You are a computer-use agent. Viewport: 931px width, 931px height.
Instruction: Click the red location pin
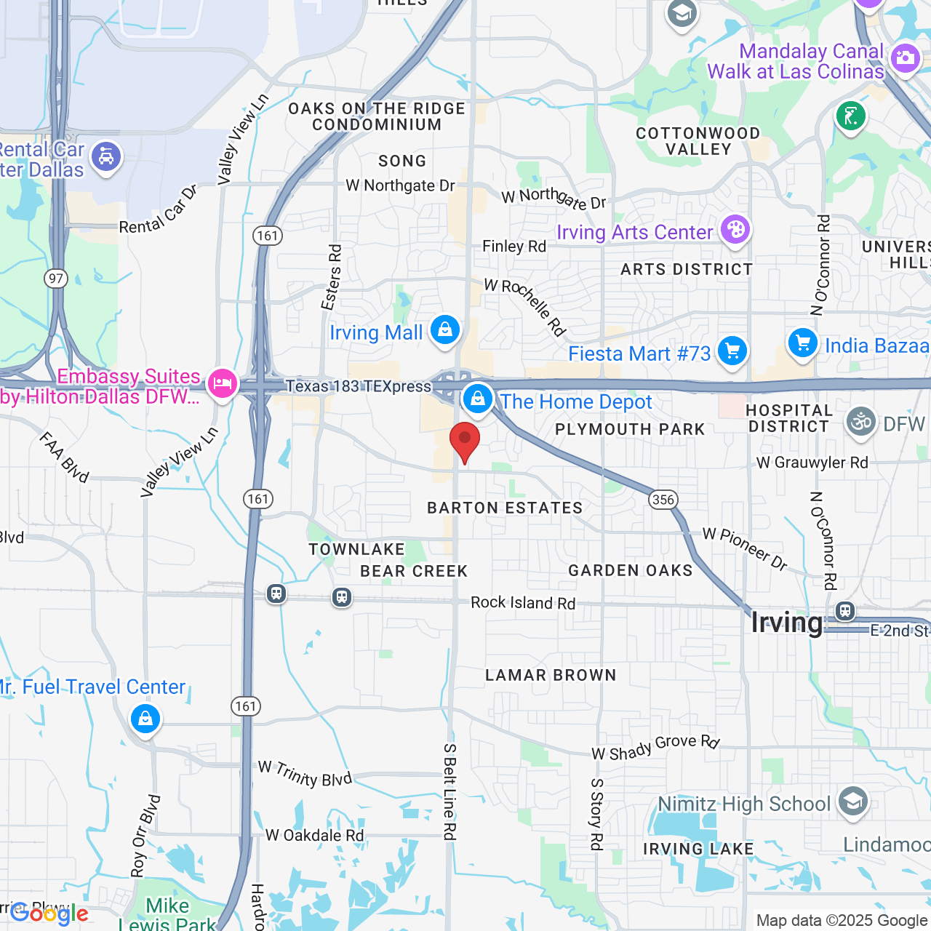tap(465, 441)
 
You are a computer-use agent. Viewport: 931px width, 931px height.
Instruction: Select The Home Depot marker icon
tap(478, 399)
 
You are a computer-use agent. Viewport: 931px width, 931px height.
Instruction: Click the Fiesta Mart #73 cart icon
tap(732, 351)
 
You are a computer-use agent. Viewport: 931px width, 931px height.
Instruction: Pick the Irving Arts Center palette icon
tap(735, 230)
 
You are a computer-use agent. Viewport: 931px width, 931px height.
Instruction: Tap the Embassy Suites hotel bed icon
tap(223, 383)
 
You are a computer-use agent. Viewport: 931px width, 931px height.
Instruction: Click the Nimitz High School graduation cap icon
tap(852, 802)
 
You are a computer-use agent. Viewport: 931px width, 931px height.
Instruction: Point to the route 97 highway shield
tap(55, 278)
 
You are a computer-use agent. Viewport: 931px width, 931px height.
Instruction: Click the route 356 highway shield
tap(663, 500)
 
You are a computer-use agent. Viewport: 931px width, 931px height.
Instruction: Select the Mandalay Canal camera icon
tap(905, 57)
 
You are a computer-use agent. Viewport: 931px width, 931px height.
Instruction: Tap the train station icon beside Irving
tap(844, 610)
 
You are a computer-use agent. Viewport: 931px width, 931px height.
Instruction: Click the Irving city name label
tap(786, 623)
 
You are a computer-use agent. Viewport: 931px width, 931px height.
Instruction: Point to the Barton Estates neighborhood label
tap(505, 508)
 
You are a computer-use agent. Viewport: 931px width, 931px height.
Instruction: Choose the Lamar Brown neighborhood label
tap(551, 675)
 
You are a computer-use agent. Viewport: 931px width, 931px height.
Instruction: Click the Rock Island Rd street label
tap(522, 603)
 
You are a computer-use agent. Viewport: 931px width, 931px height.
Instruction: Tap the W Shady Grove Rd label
tap(655, 748)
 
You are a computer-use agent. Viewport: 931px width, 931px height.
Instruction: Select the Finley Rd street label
tap(514, 247)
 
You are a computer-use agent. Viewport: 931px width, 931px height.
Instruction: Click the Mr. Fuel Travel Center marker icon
tap(145, 719)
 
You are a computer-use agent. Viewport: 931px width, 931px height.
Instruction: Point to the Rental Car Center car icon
tap(106, 156)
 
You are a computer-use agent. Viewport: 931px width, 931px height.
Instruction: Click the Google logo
tap(49, 914)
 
